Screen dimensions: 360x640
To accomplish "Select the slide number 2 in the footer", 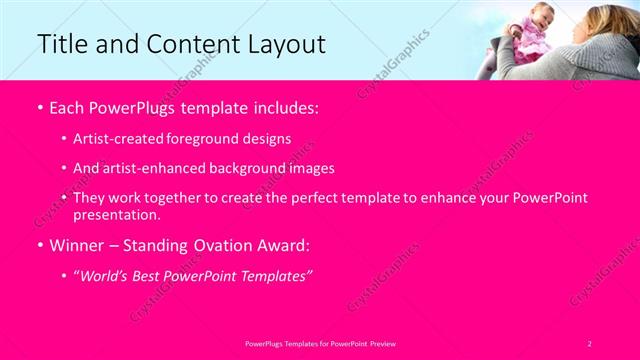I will point(590,342).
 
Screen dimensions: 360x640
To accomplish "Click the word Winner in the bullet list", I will point(79,244).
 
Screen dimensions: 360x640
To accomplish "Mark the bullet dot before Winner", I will point(38,245).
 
